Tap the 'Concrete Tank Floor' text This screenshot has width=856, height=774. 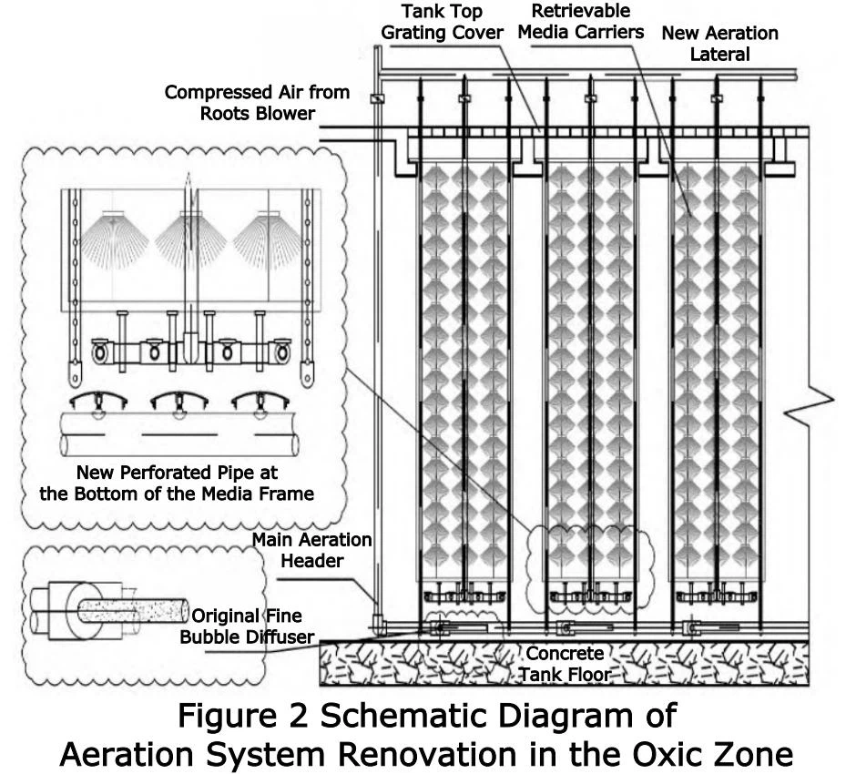coord(565,664)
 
